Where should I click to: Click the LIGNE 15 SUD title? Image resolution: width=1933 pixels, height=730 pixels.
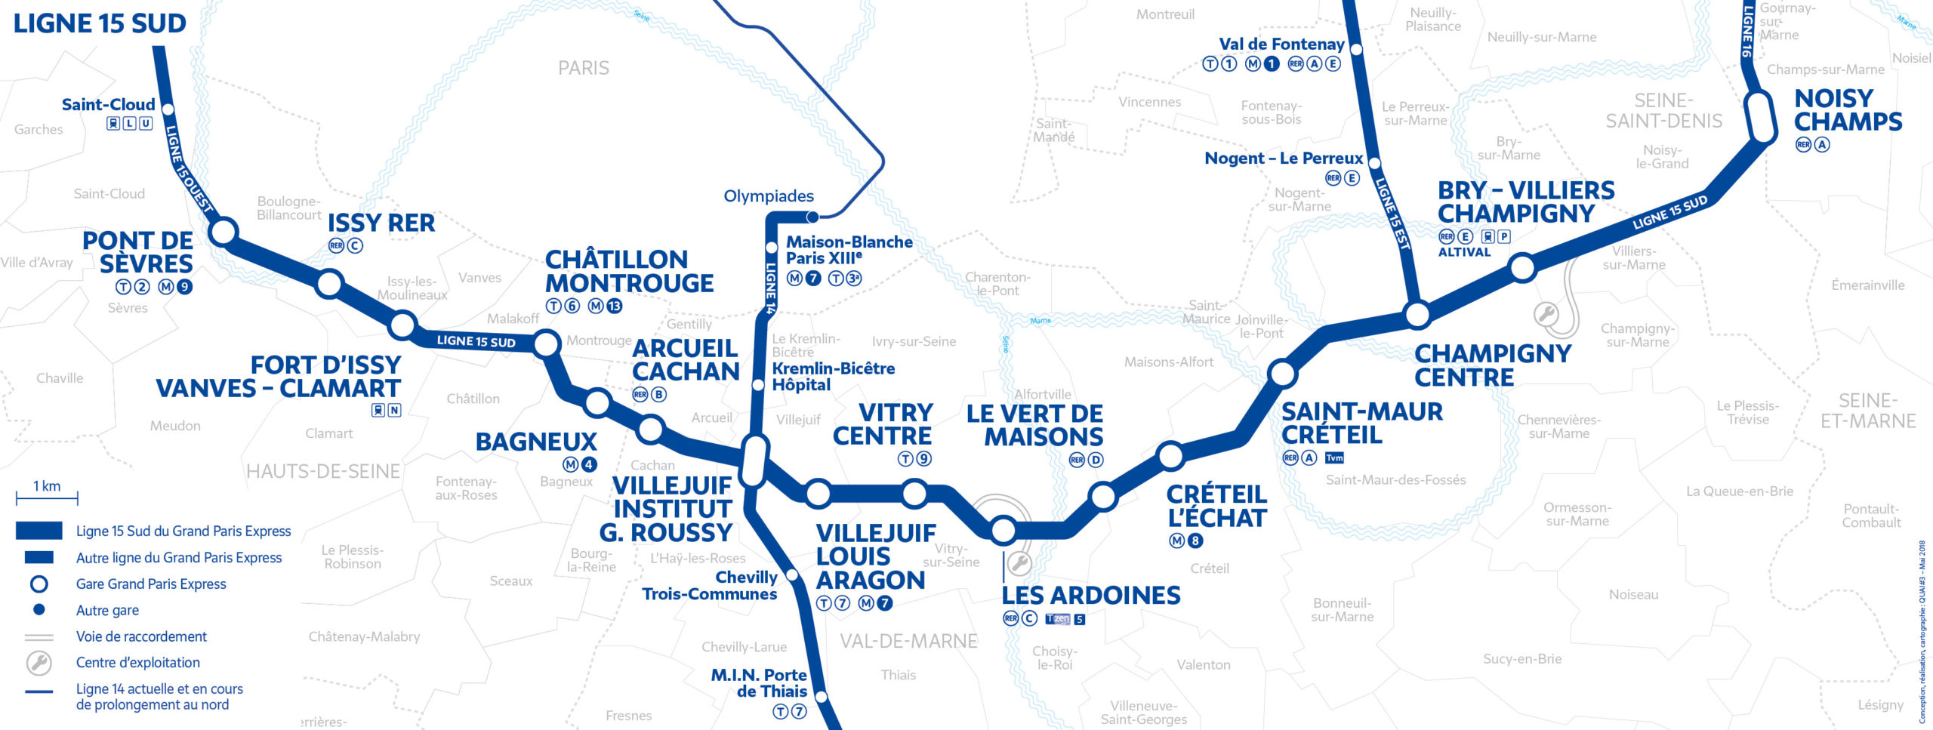pyautogui.click(x=100, y=23)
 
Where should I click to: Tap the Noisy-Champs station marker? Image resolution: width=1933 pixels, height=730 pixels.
pyautogui.click(x=1762, y=117)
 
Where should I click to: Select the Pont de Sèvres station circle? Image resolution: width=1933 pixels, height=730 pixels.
pyautogui.click(x=224, y=231)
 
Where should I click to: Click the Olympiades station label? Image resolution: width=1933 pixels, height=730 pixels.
pyautogui.click(x=769, y=196)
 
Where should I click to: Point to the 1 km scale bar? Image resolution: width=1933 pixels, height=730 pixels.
pyautogui.click(x=47, y=497)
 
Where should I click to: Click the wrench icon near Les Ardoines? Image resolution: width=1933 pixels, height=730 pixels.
pyautogui.click(x=1019, y=562)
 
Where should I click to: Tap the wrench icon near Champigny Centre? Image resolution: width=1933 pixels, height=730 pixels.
pyautogui.click(x=1546, y=314)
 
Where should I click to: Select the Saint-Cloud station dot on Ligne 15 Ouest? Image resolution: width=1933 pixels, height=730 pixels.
pyautogui.click(x=168, y=109)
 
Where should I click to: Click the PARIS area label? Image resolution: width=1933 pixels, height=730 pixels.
pyautogui.click(x=583, y=69)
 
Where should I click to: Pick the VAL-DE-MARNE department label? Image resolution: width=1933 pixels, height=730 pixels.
pyautogui.click(x=908, y=641)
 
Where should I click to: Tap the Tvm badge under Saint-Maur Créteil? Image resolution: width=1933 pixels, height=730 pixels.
pyautogui.click(x=1334, y=457)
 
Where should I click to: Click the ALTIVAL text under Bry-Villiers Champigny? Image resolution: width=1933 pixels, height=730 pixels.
pyautogui.click(x=1464, y=253)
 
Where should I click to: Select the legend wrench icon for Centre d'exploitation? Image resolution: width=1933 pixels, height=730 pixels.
pyautogui.click(x=39, y=663)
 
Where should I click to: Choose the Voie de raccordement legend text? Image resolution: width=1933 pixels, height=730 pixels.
pyautogui.click(x=141, y=636)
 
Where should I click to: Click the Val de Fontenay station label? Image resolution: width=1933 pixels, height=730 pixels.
pyautogui.click(x=1281, y=45)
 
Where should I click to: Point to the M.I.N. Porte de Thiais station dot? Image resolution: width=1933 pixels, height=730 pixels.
pyautogui.click(x=822, y=696)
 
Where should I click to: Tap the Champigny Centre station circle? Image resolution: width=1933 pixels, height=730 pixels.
pyautogui.click(x=1417, y=314)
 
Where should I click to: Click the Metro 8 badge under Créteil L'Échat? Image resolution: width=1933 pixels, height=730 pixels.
pyautogui.click(x=1195, y=541)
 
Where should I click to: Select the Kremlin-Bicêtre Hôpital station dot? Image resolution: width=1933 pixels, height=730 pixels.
pyautogui.click(x=758, y=385)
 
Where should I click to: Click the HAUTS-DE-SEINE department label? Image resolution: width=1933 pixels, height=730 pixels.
pyautogui.click(x=323, y=472)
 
